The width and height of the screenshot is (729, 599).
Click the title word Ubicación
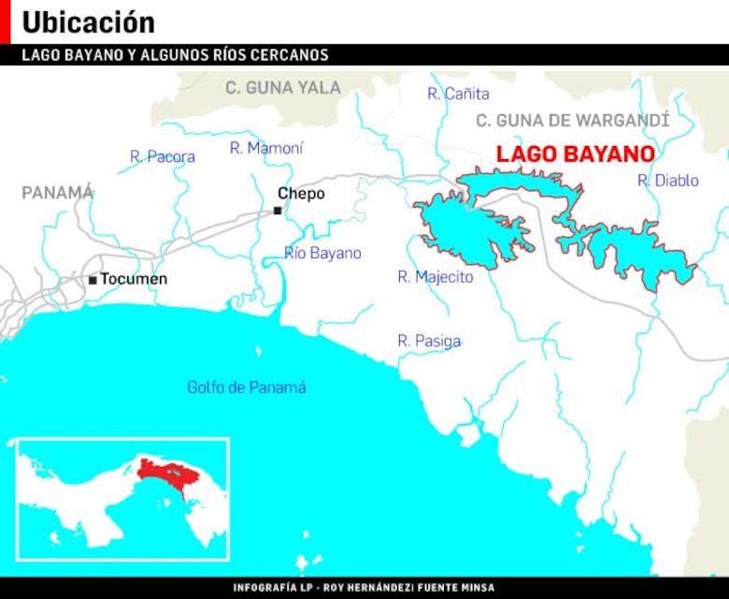tap(88, 22)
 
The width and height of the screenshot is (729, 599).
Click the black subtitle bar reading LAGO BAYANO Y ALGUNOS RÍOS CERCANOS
tap(176, 55)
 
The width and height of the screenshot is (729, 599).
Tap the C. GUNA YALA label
tap(283, 88)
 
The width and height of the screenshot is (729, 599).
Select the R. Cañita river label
tap(458, 94)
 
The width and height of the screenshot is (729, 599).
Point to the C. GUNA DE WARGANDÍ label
tap(572, 121)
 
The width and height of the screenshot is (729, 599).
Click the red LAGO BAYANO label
tap(575, 154)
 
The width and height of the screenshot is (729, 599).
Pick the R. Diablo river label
tap(667, 181)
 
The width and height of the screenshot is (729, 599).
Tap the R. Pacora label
tap(163, 156)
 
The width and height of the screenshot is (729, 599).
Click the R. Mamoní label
tap(266, 148)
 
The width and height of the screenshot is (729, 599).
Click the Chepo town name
tap(301, 194)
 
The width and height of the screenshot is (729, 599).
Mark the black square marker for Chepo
tap(278, 211)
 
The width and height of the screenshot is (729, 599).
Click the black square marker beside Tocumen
tap(93, 280)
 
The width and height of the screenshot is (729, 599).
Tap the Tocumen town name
tap(134, 279)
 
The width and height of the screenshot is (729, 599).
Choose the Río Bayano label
tap(322, 254)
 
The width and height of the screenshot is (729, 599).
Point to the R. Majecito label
tap(435, 277)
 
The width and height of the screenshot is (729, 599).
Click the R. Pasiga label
tap(429, 342)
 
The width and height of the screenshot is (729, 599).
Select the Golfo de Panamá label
tap(246, 387)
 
